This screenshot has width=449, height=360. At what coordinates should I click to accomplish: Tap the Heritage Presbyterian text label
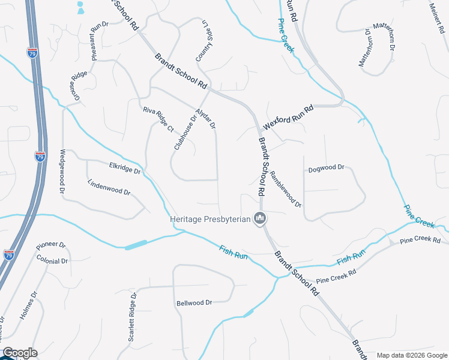coord(210,220)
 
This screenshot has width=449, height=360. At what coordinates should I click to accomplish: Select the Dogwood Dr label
coord(326,169)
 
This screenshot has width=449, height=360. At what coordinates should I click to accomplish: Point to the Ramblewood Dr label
coord(285,189)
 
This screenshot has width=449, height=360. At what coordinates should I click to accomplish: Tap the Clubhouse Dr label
coord(185,132)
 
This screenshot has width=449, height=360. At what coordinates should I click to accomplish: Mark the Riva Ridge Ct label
coord(158,119)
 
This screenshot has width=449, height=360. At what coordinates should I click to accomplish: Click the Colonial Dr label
coord(52,261)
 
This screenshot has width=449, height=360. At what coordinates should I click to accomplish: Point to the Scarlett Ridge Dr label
coord(133,317)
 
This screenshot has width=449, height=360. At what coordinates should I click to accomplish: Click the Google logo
coord(19,353)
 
